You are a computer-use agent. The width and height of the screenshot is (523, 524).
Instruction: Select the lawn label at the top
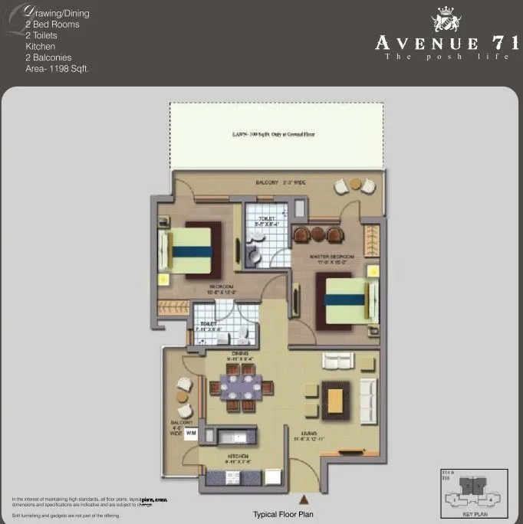point(273,134)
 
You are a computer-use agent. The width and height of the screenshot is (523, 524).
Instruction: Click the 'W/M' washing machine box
point(191,433)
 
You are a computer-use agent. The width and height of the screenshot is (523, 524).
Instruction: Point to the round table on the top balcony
point(355,184)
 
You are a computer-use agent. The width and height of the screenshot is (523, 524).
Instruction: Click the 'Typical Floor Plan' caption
point(283,514)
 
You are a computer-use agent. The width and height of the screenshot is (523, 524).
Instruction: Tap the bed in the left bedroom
point(189,251)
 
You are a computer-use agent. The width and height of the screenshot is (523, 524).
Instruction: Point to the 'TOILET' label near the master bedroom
point(266,220)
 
